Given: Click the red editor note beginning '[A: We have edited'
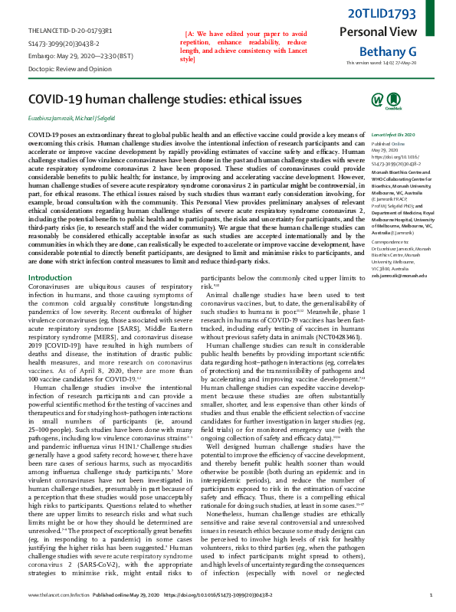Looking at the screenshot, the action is [245, 46].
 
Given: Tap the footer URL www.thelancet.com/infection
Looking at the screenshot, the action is [54, 594].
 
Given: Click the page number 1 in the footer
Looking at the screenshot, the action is [431, 594].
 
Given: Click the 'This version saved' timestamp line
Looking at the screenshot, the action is [381, 63].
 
